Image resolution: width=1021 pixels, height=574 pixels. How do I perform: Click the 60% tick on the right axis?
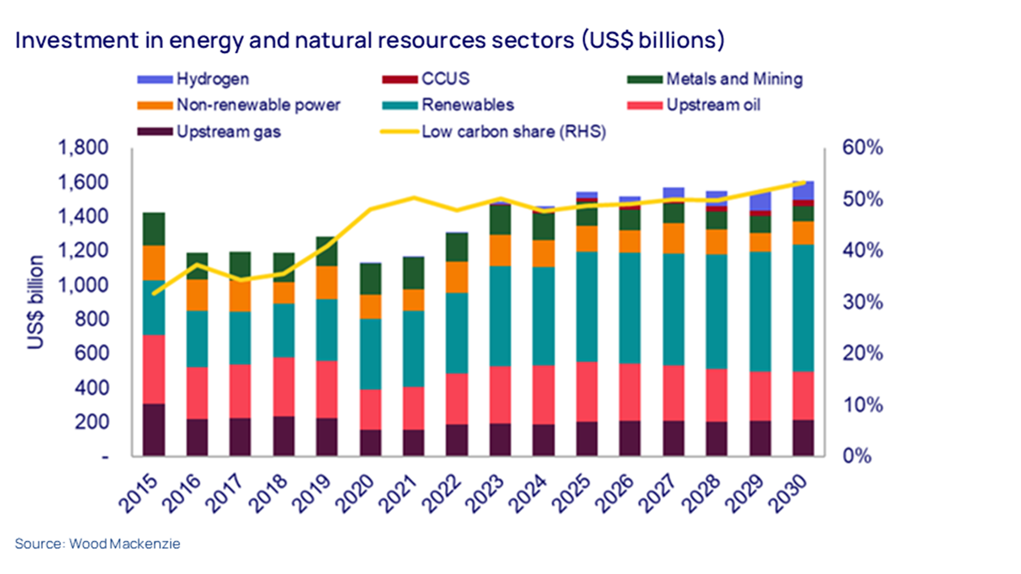tap(862, 147)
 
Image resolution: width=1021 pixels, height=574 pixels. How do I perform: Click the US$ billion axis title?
tap(35, 302)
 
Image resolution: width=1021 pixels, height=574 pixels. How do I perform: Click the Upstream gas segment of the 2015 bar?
tap(154, 429)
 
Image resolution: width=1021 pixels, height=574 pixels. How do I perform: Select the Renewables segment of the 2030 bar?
tap(803, 308)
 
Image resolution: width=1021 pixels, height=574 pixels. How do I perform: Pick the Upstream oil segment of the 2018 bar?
tap(284, 387)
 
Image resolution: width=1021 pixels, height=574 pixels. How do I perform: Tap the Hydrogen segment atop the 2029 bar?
tap(760, 201)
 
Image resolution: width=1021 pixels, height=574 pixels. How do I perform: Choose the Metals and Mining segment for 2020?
tap(370, 278)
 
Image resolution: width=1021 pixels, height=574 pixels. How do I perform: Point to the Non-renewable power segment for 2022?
tap(457, 277)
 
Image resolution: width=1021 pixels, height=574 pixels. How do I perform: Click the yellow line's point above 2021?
tap(414, 198)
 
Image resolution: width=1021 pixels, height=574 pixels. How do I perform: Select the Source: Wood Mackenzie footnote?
tap(98, 543)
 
